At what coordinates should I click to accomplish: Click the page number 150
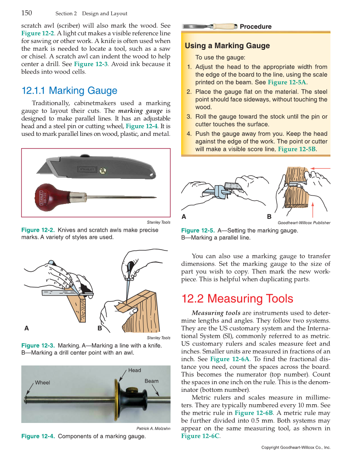(x=26, y=13)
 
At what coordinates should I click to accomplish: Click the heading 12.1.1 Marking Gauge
(x=69, y=91)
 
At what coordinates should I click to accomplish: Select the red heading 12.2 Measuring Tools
(x=237, y=299)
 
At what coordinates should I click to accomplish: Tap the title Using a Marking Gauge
(x=227, y=46)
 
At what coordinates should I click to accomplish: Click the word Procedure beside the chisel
(x=255, y=27)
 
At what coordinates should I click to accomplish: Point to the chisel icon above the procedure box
(x=209, y=26)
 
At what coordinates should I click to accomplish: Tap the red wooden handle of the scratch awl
(x=51, y=196)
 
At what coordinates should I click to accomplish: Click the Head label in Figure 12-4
(x=134, y=370)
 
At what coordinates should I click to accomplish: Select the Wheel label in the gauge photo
(x=42, y=382)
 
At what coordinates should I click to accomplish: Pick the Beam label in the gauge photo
(x=151, y=381)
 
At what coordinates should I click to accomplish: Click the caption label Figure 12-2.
(x=38, y=230)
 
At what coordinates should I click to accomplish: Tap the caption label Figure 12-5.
(x=198, y=230)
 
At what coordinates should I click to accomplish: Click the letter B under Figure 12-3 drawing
(x=99, y=328)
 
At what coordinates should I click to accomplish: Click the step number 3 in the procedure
(x=189, y=117)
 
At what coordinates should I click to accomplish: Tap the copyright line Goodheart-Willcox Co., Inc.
(x=295, y=448)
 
